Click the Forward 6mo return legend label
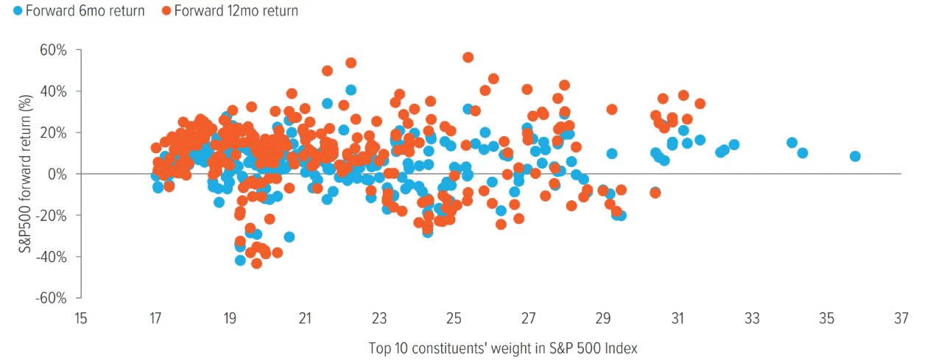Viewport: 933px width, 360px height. pos(75,11)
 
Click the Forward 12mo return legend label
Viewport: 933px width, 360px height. pos(236,11)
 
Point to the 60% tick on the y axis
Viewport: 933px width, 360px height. pos(54,50)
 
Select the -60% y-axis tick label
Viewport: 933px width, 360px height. pos(52,298)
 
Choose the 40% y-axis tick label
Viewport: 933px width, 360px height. pos(54,91)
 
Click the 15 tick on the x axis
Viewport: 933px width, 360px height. pos(80,319)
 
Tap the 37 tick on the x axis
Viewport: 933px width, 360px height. pos(901,319)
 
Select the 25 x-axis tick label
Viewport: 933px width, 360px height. pos(454,319)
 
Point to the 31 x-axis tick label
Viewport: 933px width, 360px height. pos(677,319)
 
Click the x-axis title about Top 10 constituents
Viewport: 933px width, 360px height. pos(502,347)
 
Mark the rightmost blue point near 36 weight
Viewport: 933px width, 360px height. pos(855,156)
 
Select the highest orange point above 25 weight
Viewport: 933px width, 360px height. pos(468,57)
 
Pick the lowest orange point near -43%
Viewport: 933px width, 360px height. pos(256,263)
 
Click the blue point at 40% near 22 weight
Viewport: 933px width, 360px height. pos(351,90)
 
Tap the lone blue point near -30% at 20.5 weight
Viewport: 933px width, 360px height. pos(289,237)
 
